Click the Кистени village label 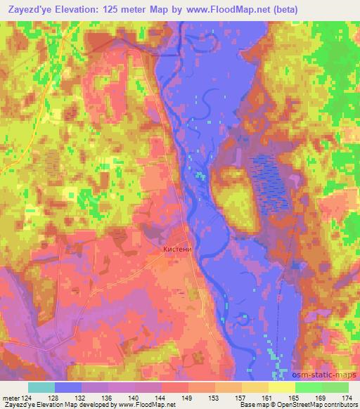tap(176, 249)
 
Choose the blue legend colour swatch tap(68, 387)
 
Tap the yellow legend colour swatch tap(281, 387)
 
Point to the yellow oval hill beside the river tap(231, 194)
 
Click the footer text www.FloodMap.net tap(142, 405)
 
